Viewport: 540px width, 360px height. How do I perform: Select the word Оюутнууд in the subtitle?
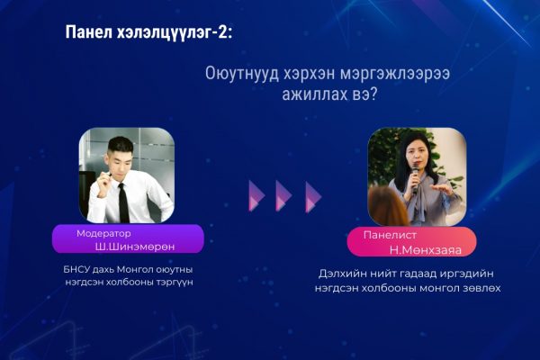pyautogui.click(x=242, y=74)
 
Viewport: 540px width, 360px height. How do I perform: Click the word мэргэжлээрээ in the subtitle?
pyautogui.click(x=395, y=75)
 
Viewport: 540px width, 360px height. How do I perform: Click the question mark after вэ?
pyautogui.click(x=373, y=94)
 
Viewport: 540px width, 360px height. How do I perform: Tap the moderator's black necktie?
pyautogui.click(x=123, y=202)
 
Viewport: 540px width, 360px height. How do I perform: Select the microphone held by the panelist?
pyautogui.click(x=415, y=178)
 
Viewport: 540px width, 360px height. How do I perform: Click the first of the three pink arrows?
pyautogui.click(x=256, y=195)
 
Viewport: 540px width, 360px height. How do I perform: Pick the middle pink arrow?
pyautogui.click(x=283, y=195)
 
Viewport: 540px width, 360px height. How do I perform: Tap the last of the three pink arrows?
pyautogui.click(x=313, y=197)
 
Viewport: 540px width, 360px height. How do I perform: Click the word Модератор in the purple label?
pyautogui.click(x=103, y=234)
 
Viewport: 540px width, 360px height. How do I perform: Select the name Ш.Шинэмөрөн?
pyautogui.click(x=135, y=247)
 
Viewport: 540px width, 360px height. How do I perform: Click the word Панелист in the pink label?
pyautogui.click(x=390, y=235)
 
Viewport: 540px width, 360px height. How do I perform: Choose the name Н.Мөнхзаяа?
pyautogui.click(x=426, y=250)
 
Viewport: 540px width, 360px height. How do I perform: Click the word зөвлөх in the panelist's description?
pyautogui.click(x=481, y=288)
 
